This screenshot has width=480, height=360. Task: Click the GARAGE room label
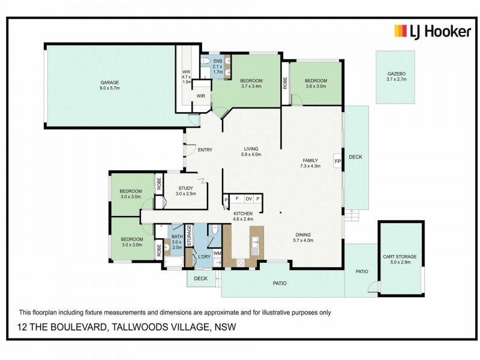click(x=110, y=82)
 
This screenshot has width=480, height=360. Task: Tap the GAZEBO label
click(x=397, y=74)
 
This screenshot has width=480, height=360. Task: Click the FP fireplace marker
click(x=338, y=161)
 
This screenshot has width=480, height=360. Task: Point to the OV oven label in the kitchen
click(x=248, y=199)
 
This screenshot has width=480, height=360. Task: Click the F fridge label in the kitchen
click(x=237, y=199)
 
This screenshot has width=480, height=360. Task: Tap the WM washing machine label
click(x=217, y=254)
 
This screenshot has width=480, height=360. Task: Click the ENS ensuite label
click(x=218, y=61)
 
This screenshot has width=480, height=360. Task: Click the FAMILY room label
click(x=310, y=160)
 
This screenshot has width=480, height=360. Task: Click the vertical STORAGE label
click(x=188, y=236)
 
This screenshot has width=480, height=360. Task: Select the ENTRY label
click(x=206, y=150)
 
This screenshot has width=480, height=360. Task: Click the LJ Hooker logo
click(x=432, y=31)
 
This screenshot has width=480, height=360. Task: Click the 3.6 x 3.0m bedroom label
click(x=316, y=83)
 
